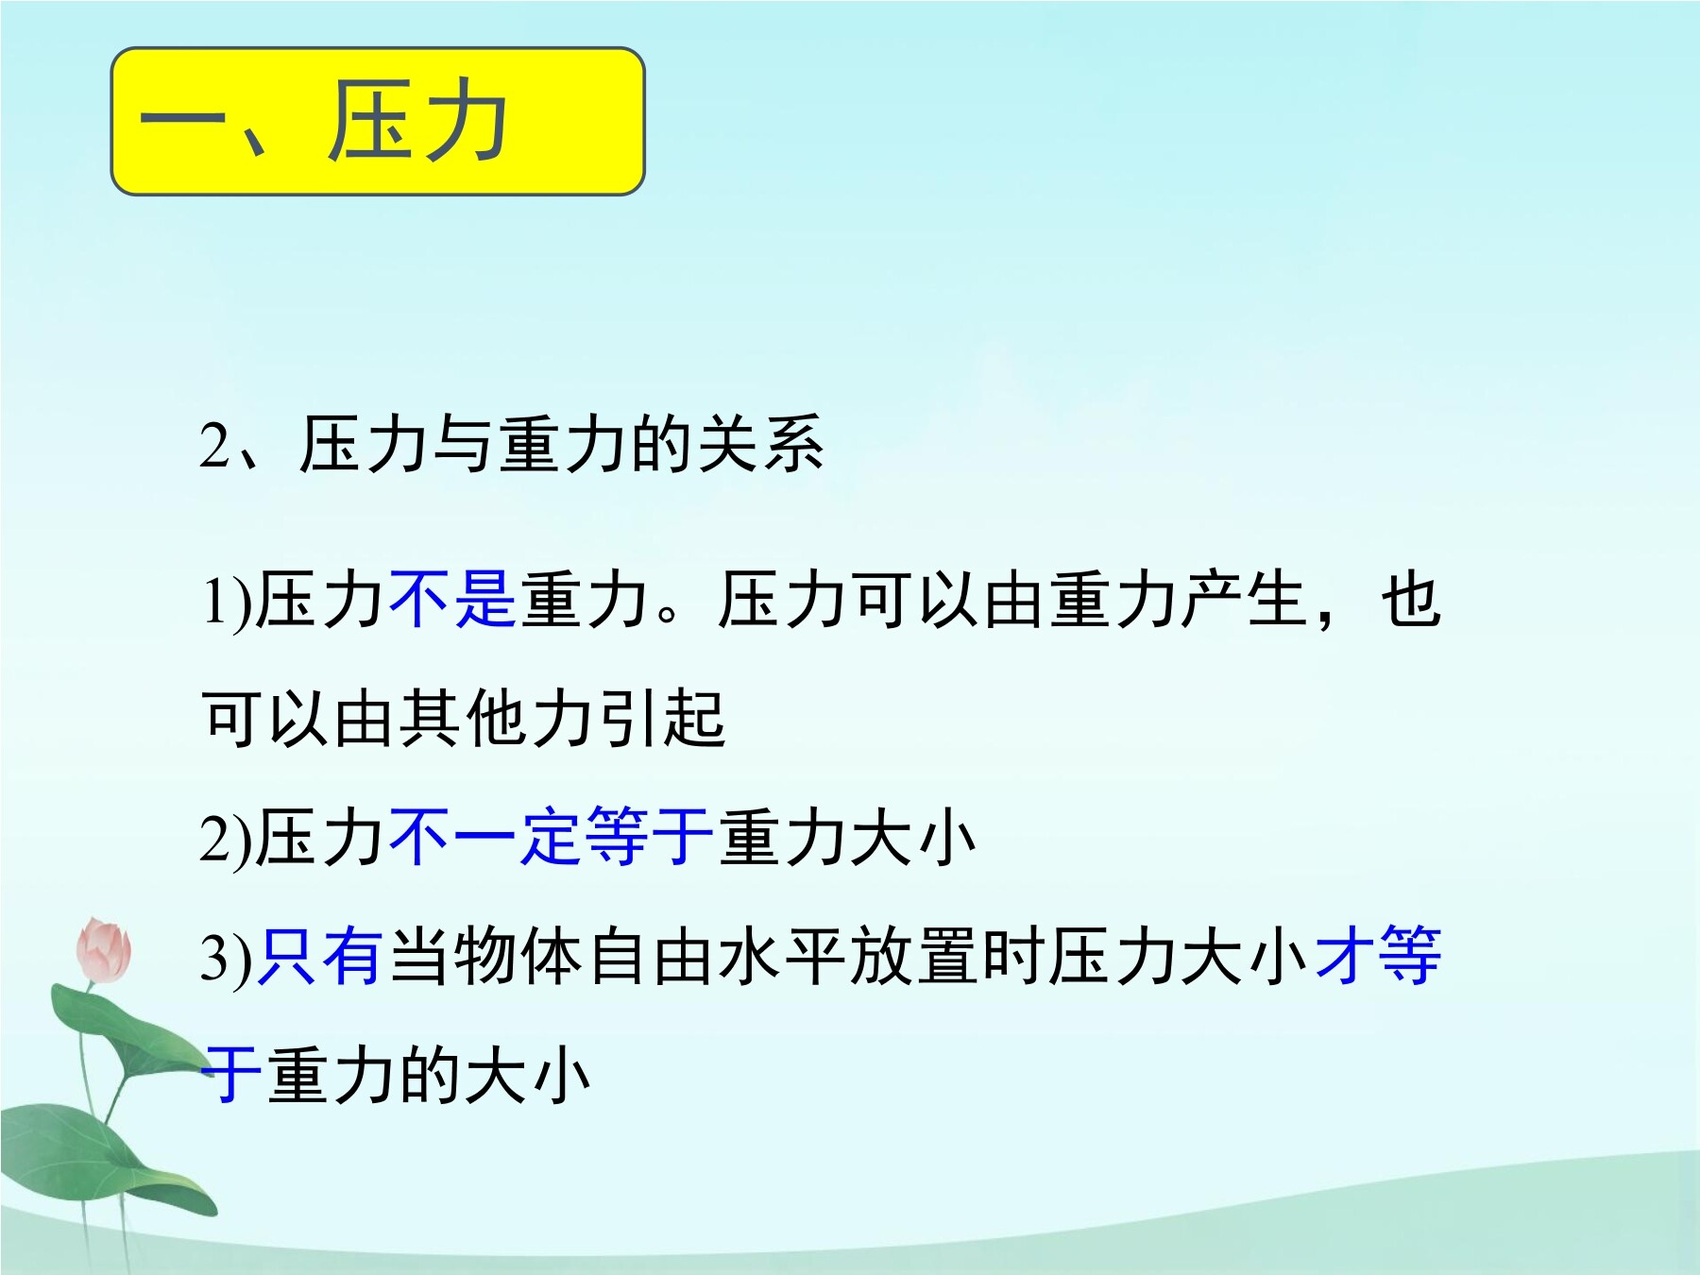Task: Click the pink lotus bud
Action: pos(103,949)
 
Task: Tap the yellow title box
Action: pos(378,122)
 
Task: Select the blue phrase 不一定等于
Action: pos(551,837)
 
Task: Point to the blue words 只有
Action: pos(320,956)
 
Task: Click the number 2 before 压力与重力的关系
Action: pos(214,445)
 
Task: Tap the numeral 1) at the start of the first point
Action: pos(227,601)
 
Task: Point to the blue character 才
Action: pos(1345,956)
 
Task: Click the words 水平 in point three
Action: pos(782,956)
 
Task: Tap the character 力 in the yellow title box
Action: pos(463,120)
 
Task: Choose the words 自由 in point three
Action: pos(650,956)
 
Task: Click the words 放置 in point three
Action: pos(914,956)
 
